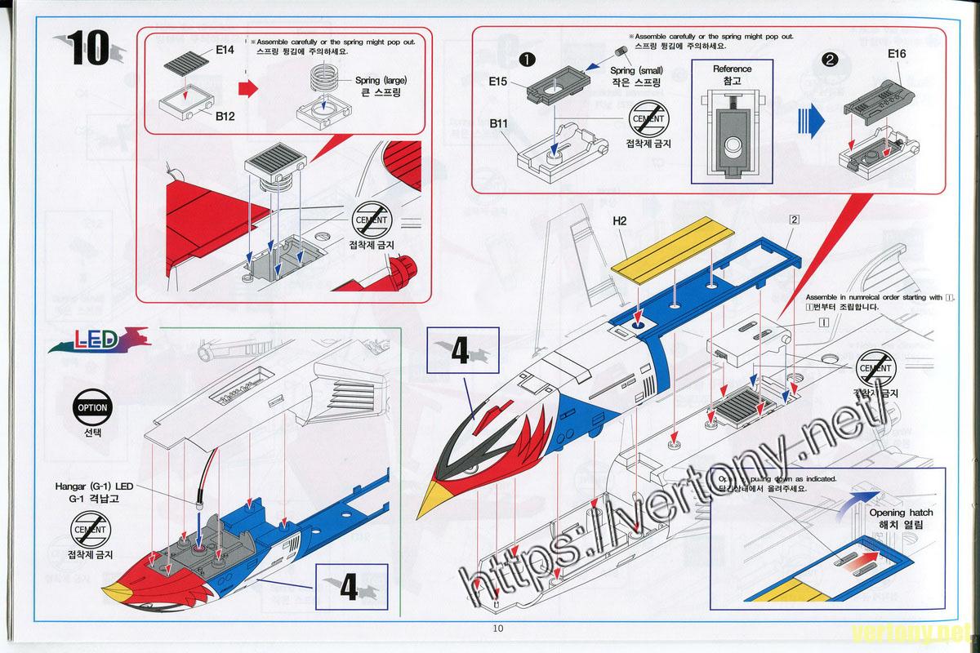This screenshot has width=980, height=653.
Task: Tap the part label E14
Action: pyautogui.click(x=225, y=50)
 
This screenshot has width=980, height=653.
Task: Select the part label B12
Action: pyautogui.click(x=225, y=116)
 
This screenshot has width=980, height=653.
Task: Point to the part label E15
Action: pyautogui.click(x=499, y=82)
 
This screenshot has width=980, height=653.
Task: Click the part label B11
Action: pyautogui.click(x=500, y=123)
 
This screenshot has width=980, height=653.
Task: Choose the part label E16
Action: pyautogui.click(x=897, y=54)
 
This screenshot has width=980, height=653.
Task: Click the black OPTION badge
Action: pyautogui.click(x=91, y=407)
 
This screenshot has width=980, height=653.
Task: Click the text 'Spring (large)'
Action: pyautogui.click(x=381, y=80)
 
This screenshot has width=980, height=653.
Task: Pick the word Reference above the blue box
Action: pyautogui.click(x=732, y=69)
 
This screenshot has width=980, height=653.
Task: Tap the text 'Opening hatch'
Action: pyautogui.click(x=895, y=513)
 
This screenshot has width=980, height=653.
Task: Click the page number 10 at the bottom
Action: pyautogui.click(x=498, y=629)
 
